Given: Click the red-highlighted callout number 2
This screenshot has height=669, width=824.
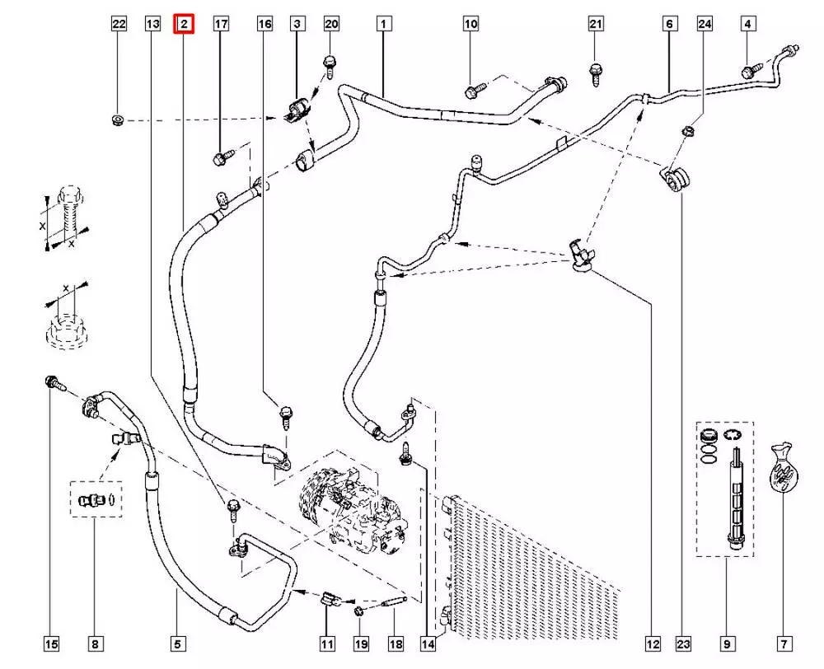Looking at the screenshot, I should coord(183,25).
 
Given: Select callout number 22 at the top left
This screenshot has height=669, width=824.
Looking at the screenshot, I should coord(119,25).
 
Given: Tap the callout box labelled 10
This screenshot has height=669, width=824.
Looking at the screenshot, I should coord(471,25).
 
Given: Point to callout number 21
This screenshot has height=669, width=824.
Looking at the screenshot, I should coord(597,25).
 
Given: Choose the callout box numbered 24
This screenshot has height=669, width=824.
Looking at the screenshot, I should coord(705,25).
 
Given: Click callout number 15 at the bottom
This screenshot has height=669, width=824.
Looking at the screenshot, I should coord(51,643).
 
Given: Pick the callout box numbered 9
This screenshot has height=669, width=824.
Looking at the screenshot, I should coord(727,643).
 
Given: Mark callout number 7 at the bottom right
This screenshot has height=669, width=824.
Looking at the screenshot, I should coord(784,643).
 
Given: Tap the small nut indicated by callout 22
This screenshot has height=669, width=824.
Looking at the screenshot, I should coord(117,122).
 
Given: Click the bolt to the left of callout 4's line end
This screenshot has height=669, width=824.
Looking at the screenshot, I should coord(751,73).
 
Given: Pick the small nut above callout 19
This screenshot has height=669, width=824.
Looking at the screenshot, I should coord(360,611).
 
